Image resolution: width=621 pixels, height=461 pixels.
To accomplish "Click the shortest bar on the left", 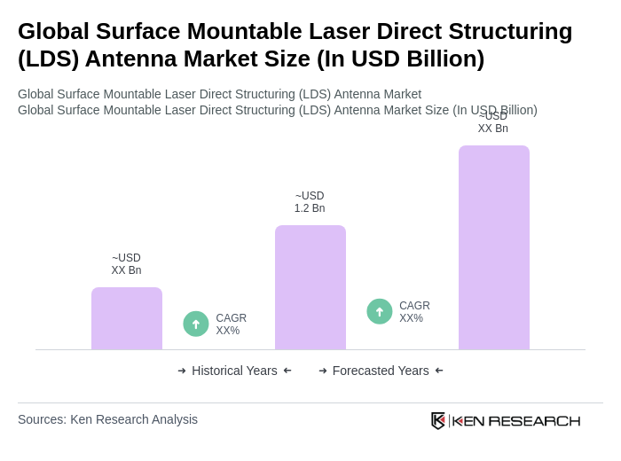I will click(x=127, y=318).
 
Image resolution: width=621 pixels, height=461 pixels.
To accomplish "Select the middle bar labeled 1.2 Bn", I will click(x=310, y=287).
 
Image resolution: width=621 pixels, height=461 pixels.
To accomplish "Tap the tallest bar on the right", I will click(x=494, y=247).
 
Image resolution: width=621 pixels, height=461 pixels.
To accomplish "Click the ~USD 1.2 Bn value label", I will click(x=310, y=202).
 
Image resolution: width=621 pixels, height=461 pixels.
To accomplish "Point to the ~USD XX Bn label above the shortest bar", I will click(x=126, y=264).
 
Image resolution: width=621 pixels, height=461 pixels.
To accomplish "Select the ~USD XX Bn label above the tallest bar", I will click(x=493, y=122).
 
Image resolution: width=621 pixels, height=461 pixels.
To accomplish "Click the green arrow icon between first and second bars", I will click(x=196, y=324).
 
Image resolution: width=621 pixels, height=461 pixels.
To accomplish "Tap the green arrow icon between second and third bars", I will click(x=380, y=311).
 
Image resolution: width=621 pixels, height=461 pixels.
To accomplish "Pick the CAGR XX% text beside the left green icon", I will click(x=231, y=324).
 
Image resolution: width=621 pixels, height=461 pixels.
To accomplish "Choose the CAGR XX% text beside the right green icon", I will click(x=414, y=312).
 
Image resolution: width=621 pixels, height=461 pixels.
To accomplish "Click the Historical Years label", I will click(x=234, y=371).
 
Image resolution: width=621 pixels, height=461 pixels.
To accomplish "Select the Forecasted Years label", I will click(x=381, y=371).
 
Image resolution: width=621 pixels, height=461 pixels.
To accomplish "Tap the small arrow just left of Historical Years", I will click(x=182, y=371).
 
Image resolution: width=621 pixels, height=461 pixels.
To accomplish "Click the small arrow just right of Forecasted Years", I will click(x=439, y=371).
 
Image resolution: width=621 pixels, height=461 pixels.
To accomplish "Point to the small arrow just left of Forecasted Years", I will click(x=323, y=371).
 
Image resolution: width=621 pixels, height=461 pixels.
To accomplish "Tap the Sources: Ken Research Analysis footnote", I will click(x=107, y=419).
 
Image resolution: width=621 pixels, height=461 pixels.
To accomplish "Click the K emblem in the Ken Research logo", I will click(x=438, y=420).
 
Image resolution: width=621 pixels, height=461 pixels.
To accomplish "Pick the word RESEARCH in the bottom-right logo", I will click(x=534, y=420).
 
